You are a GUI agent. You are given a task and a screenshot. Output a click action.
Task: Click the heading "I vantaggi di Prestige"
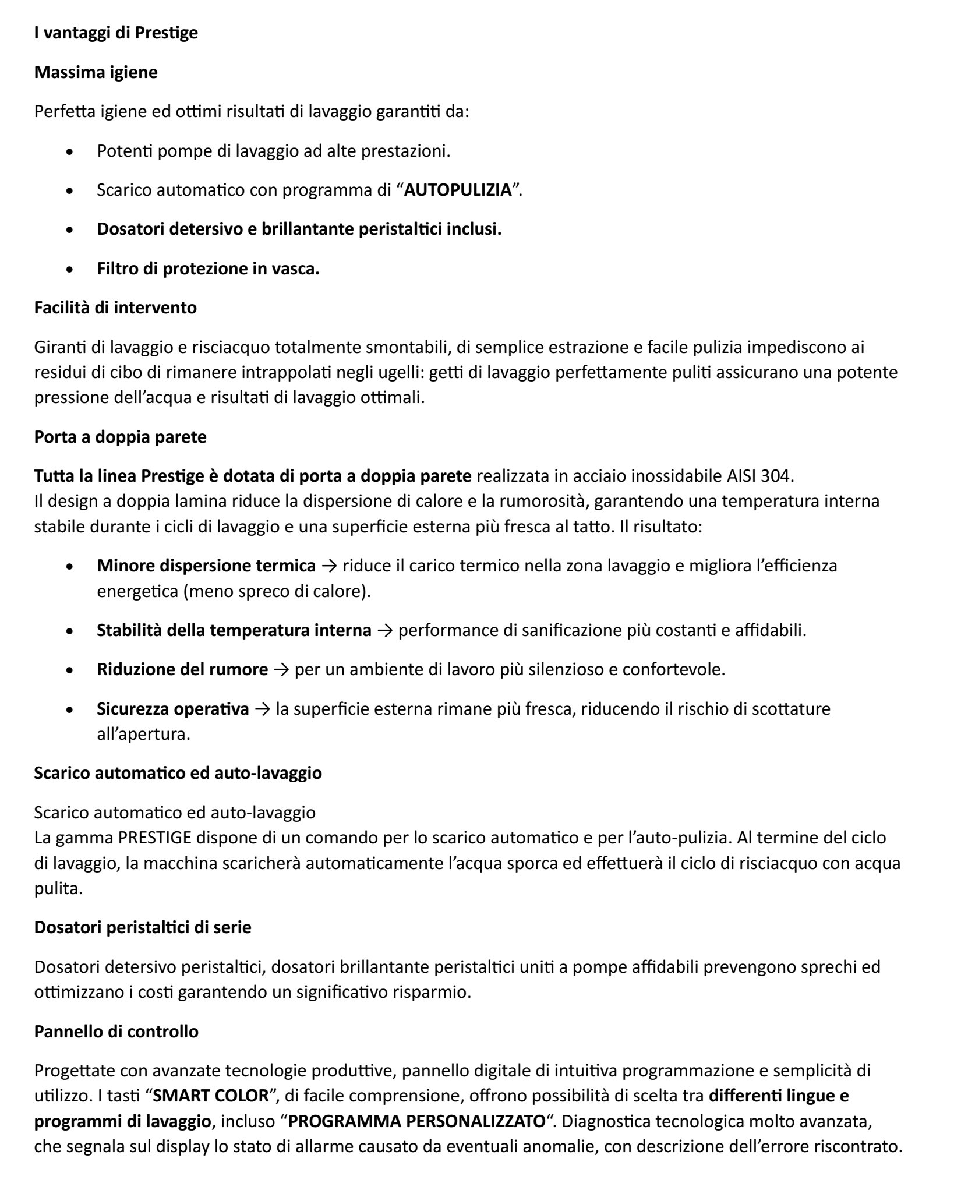coord(116,33)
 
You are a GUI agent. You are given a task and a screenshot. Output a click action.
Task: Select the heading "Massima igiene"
coord(96,72)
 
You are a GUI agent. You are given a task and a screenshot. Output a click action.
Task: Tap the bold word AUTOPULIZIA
coord(457,190)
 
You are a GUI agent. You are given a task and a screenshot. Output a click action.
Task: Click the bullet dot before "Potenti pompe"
coord(70,153)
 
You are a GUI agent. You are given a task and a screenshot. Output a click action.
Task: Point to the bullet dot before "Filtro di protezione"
coord(70,270)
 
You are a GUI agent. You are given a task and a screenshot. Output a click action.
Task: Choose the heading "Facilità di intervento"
coord(115,307)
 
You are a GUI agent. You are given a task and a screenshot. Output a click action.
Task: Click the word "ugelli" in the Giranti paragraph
coord(404,372)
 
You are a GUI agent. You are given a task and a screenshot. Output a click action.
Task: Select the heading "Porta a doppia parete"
coord(120,437)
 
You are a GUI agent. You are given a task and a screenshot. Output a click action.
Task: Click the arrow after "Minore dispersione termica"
coord(329,566)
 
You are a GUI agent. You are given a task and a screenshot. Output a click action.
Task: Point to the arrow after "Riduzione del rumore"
coord(281,669)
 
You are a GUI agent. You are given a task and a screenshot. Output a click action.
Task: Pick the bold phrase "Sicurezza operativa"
coord(172,709)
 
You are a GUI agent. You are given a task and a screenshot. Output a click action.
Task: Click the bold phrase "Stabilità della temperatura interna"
coord(234,630)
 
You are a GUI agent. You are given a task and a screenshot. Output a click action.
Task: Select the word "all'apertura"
coord(143,734)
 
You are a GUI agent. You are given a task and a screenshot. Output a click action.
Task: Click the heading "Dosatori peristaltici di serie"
coord(143,927)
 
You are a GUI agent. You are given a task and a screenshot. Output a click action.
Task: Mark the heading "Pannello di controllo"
coord(116,1032)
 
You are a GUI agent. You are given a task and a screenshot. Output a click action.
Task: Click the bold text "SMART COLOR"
coord(210,1096)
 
